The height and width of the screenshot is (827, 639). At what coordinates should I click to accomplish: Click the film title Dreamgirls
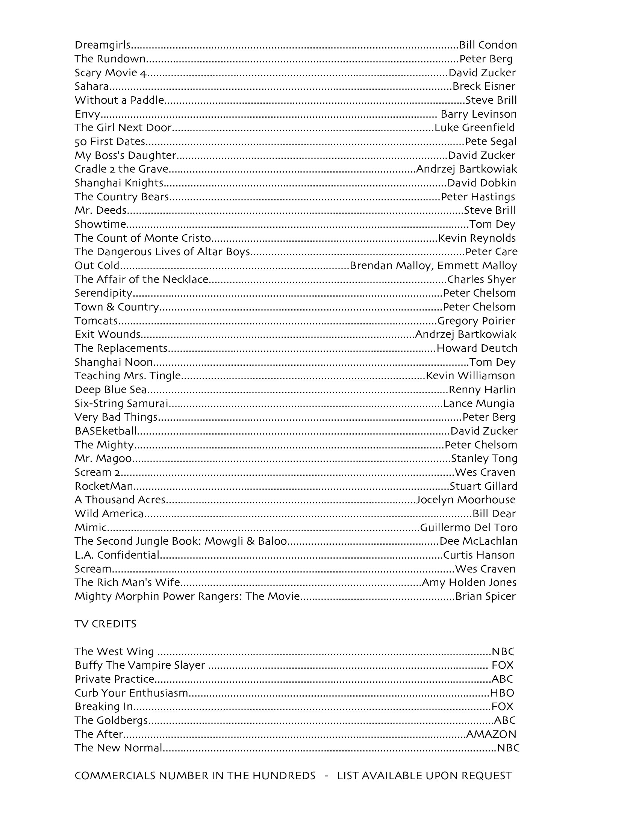(102, 45)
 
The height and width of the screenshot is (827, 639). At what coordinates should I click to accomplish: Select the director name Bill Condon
(488, 45)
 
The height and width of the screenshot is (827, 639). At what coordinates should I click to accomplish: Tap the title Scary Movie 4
(110, 73)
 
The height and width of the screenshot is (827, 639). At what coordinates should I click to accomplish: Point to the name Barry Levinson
(478, 114)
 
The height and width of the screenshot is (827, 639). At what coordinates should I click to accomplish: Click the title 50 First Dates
(110, 142)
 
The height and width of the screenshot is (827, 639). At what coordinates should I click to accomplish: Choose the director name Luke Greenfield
(474, 127)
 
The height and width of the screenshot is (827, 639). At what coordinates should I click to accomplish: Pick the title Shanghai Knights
(119, 183)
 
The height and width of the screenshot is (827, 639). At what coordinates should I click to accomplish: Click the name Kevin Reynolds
(477, 238)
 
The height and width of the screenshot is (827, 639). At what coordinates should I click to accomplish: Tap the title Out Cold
(97, 266)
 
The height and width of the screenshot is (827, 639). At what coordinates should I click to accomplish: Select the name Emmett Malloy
(477, 266)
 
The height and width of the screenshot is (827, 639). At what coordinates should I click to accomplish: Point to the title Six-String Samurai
(121, 404)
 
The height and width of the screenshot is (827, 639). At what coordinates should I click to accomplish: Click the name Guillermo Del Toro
(469, 527)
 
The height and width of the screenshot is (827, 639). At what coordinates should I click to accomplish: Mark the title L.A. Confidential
(117, 555)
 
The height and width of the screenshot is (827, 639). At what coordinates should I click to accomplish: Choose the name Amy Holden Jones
(469, 582)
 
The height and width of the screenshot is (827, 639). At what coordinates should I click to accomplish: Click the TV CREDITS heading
(105, 624)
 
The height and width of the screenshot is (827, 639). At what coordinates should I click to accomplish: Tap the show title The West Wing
(114, 652)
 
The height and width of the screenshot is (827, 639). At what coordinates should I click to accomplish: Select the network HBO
(502, 693)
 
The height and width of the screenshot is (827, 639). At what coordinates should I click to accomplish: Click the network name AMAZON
(491, 734)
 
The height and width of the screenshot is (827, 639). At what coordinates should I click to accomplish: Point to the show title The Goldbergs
(111, 720)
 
